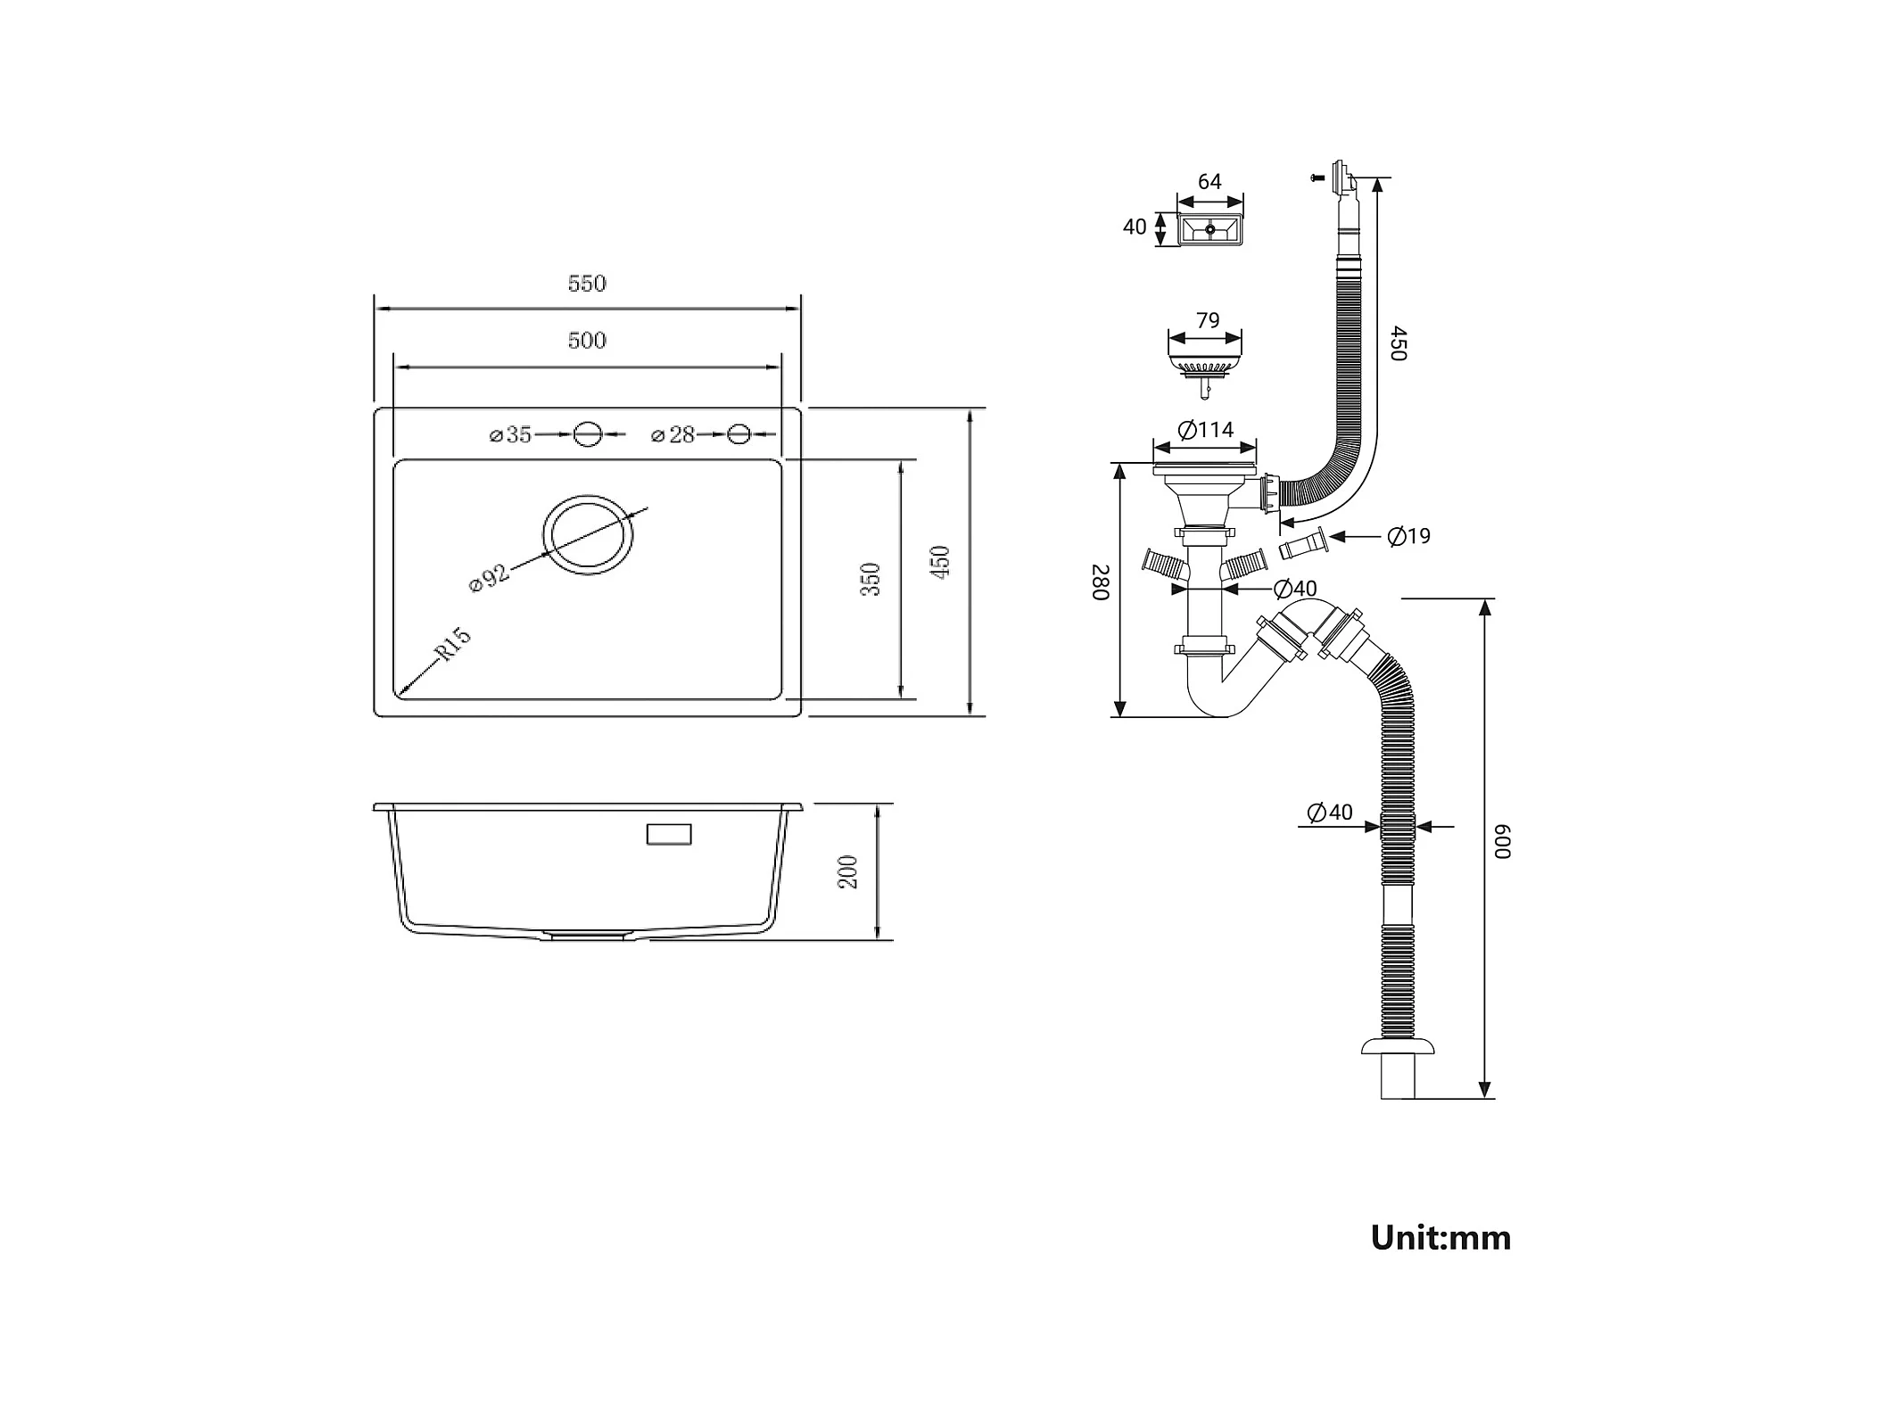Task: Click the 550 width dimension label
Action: click(587, 284)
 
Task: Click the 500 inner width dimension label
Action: click(587, 341)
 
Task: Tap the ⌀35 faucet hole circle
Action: click(588, 434)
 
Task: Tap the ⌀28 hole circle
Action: click(739, 434)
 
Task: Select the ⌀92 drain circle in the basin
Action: click(589, 534)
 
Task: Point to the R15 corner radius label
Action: click(453, 644)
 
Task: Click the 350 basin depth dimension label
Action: click(871, 580)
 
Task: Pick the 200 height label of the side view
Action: click(848, 872)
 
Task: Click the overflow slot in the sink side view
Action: click(668, 834)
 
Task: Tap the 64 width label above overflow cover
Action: click(1209, 182)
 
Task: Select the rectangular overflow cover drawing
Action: click(1210, 229)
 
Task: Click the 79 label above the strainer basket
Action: click(1208, 320)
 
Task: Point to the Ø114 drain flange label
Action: click(1206, 431)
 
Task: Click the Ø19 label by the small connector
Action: click(1409, 536)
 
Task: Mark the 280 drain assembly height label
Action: click(1101, 582)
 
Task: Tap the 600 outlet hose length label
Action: click(1504, 841)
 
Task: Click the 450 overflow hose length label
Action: click(1398, 343)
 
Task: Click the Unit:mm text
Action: click(1440, 1238)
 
